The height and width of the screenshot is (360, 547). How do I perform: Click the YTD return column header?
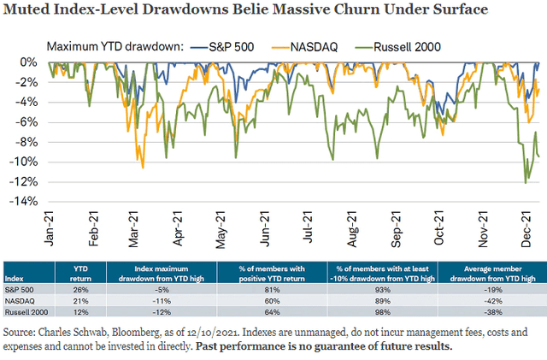87,273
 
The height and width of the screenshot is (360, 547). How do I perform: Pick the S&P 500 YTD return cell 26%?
87,287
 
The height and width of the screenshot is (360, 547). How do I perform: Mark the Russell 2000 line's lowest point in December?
525,182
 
